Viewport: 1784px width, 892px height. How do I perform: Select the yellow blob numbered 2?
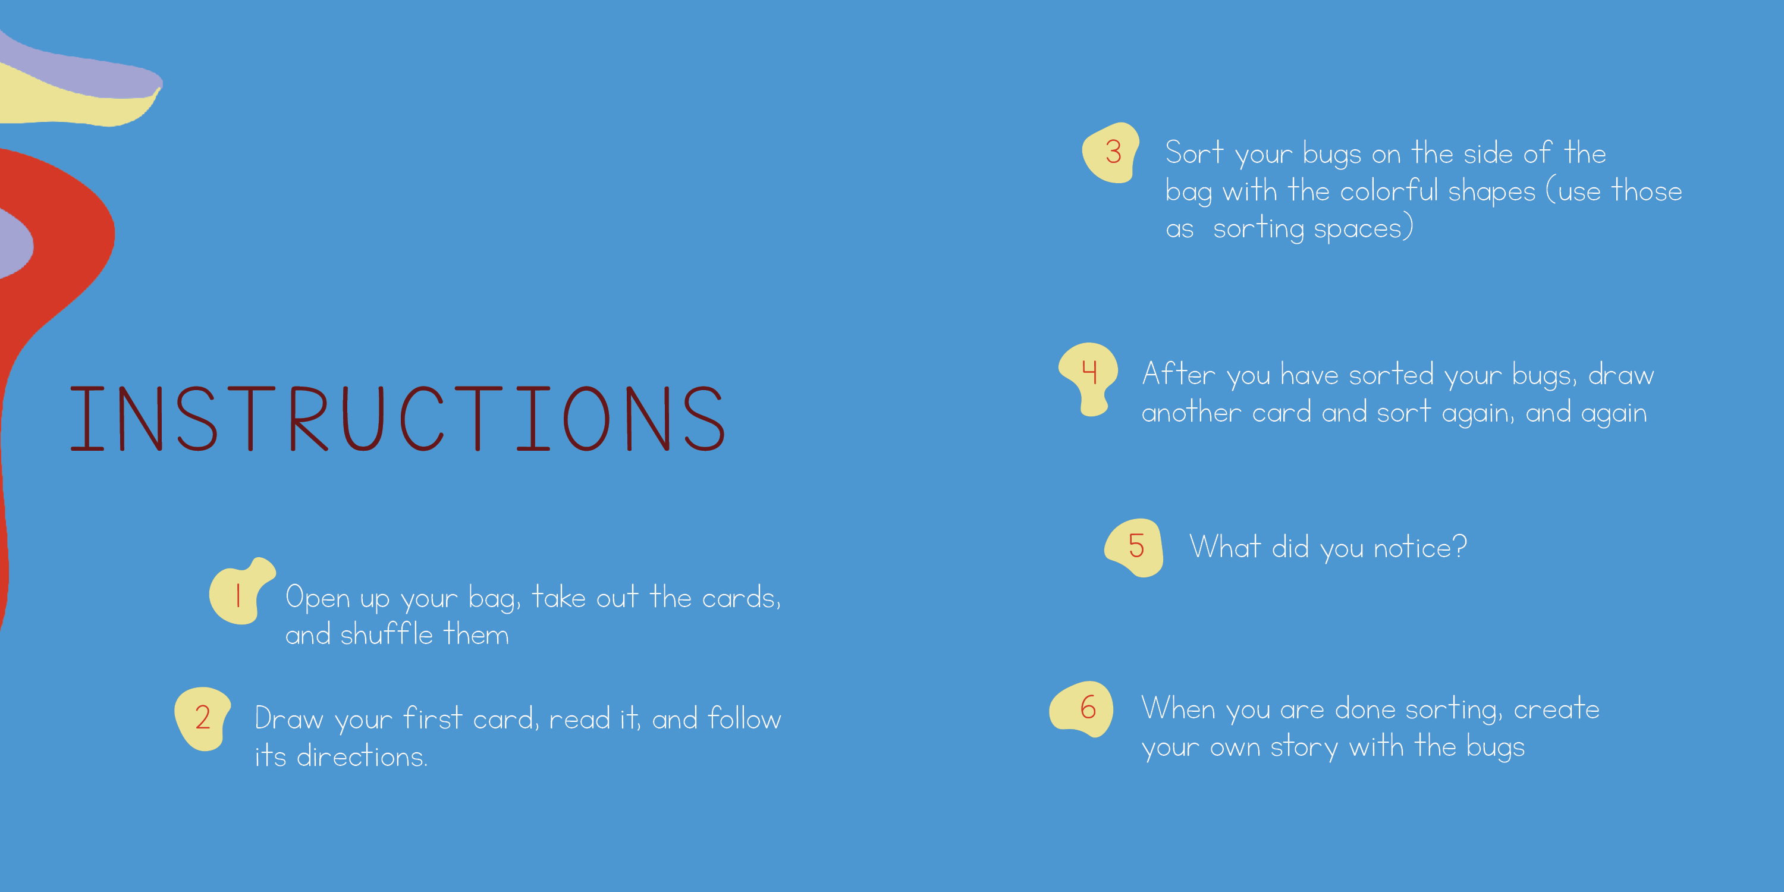[202, 719]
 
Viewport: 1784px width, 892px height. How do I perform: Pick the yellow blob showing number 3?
[1111, 153]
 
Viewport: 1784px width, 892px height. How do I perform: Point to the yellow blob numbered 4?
[1088, 378]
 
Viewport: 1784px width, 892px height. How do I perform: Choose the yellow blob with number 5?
[1135, 547]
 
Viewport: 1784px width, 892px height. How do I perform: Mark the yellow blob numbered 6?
[1082, 709]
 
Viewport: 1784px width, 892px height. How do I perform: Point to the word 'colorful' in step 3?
[1389, 190]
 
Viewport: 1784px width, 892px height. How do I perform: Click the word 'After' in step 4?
[1179, 374]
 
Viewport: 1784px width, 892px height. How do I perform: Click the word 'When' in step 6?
[1178, 708]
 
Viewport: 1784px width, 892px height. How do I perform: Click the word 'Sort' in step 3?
[1194, 152]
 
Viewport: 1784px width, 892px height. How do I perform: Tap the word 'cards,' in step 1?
[741, 598]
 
